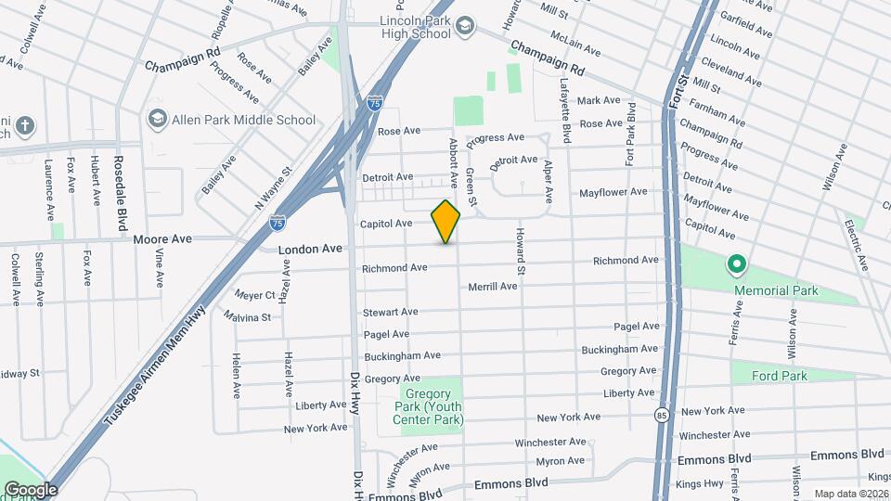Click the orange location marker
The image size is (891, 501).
[446, 222]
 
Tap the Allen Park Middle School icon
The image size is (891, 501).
[156, 120]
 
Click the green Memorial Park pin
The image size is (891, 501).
[737, 266]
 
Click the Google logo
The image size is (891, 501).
[30, 490]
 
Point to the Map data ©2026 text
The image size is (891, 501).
[851, 494]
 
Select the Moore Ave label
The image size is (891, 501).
[162, 239]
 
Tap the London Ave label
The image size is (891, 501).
[310, 249]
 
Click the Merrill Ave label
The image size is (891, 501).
[492, 287]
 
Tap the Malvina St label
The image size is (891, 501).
[247, 317]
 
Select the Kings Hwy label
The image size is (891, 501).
[700, 483]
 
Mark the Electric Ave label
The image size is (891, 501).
[855, 245]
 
